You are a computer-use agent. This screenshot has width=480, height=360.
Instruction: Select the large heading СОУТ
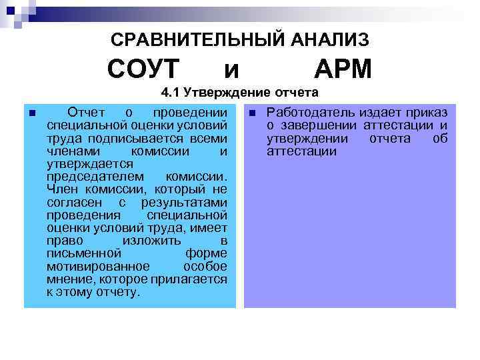[143, 69]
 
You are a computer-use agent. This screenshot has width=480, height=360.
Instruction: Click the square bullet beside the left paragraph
[31, 112]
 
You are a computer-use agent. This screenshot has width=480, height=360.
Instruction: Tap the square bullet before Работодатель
[252, 112]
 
